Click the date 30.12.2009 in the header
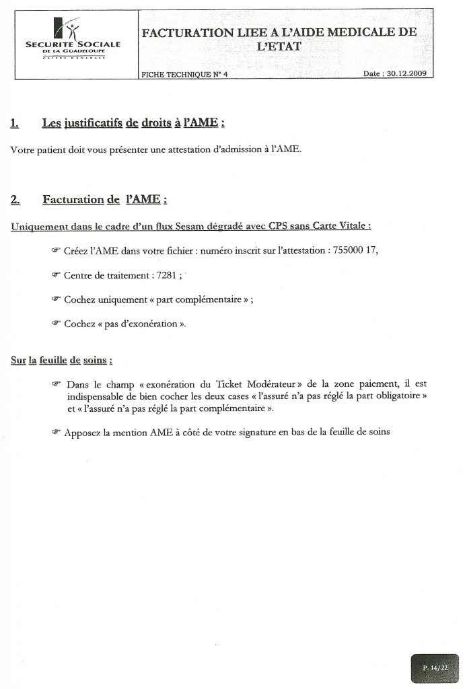tap(406, 74)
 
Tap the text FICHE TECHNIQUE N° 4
tap(184, 75)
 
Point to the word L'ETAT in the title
tap(279, 46)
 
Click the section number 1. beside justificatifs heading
tap(15, 123)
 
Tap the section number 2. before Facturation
tap(15, 199)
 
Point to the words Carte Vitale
tap(340, 226)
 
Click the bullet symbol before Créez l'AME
tap(56, 250)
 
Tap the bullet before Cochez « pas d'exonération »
tap(56, 324)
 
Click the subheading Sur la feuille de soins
tap(61, 360)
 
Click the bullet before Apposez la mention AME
tap(56, 433)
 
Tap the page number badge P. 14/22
tap(435, 668)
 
